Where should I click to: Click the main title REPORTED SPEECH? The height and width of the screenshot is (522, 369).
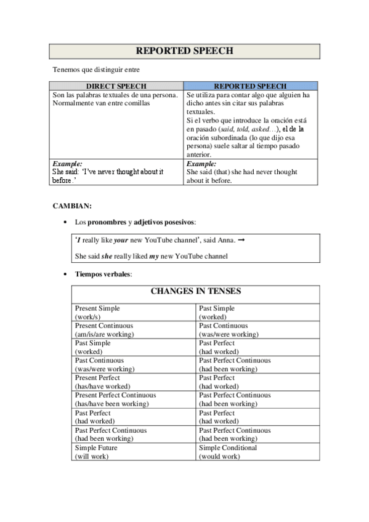pos(184,51)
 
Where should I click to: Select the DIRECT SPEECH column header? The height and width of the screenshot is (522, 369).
pos(117,86)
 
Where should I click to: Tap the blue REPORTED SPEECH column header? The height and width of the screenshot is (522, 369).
pos(249,86)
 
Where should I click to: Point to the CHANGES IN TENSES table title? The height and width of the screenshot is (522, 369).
pos(196,291)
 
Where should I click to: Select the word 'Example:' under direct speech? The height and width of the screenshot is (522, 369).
pos(67,164)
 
